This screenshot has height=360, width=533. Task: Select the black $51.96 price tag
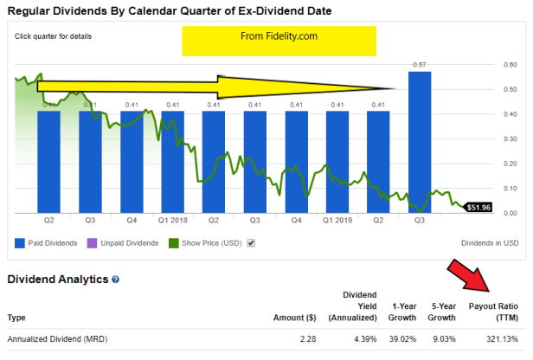(x=478, y=208)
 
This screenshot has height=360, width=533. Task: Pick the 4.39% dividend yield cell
(x=363, y=338)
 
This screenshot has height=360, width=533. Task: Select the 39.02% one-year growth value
(x=407, y=338)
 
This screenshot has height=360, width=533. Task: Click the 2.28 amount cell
(x=309, y=338)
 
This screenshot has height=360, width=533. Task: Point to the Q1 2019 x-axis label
(x=337, y=221)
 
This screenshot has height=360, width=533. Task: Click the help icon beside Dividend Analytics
(x=115, y=280)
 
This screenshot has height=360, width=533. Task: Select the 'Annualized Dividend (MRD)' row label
(x=54, y=338)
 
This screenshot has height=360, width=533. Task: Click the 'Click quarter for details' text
(x=53, y=36)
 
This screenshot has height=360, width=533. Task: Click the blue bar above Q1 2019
(x=337, y=160)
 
